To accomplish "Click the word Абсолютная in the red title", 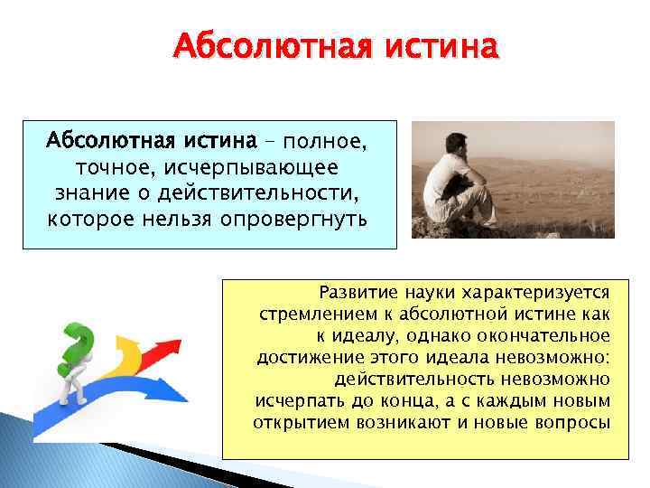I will [272, 45].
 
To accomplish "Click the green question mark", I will [77, 346].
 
